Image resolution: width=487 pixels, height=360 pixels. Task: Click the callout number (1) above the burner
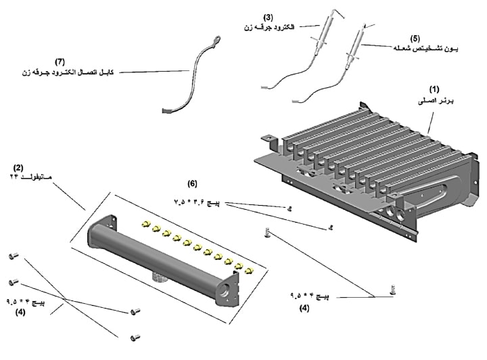[434, 89]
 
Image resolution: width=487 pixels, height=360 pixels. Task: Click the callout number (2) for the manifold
[18, 165]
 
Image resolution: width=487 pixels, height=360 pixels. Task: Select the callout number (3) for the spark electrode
[268, 17]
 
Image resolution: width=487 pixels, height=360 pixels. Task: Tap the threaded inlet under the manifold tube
[159, 276]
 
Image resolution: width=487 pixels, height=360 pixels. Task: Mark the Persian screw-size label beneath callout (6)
[198, 202]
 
